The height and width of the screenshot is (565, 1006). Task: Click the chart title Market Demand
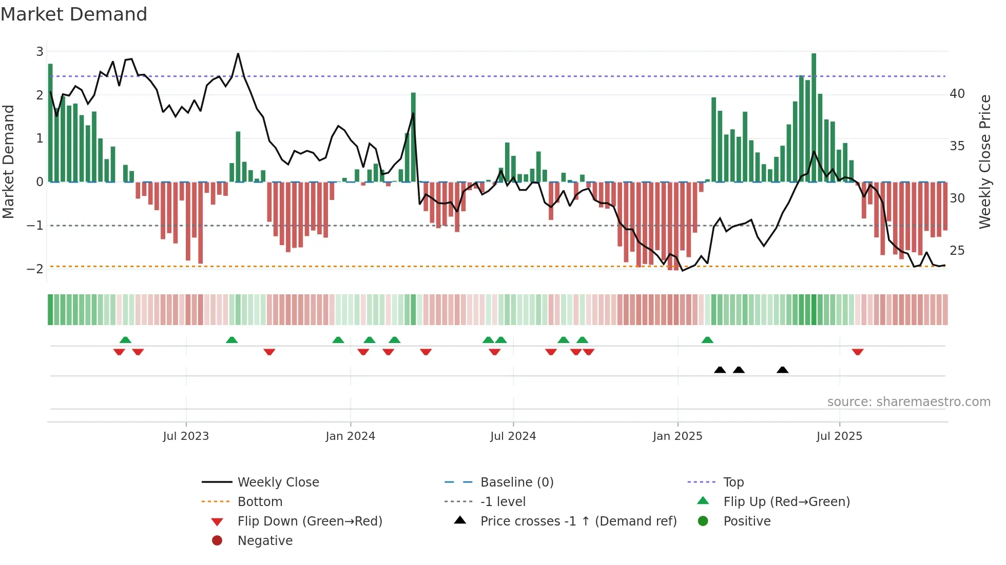74,14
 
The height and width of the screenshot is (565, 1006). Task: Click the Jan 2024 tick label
350,436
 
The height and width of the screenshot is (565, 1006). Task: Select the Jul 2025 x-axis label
839,436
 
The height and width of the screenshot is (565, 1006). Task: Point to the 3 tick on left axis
40,51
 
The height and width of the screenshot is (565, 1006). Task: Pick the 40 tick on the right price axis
957,94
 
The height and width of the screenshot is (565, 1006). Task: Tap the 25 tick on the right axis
957,251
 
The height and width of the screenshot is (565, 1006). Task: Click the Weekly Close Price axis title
984,162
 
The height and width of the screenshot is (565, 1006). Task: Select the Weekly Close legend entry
278,482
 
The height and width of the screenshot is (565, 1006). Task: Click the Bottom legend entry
260,502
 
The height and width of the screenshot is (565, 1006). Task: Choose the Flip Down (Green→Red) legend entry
309,521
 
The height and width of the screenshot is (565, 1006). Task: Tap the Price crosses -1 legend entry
578,521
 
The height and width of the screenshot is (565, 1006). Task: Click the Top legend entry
733,482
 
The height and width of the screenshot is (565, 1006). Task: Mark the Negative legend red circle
217,541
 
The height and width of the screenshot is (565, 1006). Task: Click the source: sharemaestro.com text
908,402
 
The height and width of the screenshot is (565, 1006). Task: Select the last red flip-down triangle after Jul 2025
858,352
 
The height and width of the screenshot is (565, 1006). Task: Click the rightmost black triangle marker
782,370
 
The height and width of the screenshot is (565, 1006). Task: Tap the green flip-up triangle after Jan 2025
707,340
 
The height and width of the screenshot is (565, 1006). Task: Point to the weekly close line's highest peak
238,54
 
